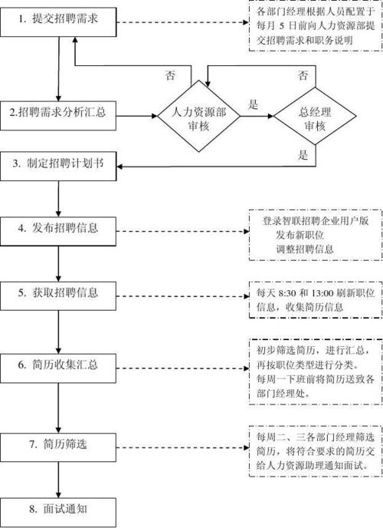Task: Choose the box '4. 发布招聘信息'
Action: click(x=59, y=228)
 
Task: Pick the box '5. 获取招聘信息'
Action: click(x=59, y=292)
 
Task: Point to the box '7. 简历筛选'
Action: click(x=59, y=444)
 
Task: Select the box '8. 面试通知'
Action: click(x=59, y=507)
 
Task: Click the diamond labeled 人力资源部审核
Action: click(x=201, y=117)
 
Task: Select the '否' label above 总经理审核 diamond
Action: click(x=303, y=75)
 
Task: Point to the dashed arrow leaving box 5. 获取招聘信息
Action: click(x=180, y=293)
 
